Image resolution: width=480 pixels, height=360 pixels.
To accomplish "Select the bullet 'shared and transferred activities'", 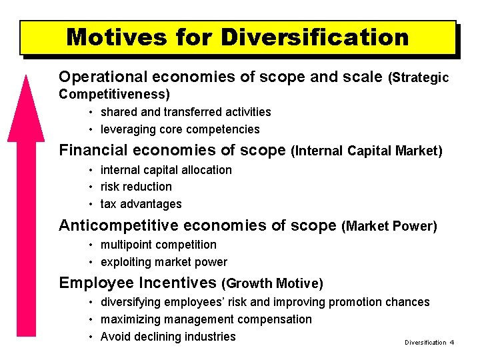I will [185, 112].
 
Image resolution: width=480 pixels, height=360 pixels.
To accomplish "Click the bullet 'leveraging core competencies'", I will [180, 129].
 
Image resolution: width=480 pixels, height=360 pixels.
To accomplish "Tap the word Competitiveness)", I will [115, 95].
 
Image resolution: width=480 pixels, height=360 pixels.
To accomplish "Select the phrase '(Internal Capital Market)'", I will [367, 151].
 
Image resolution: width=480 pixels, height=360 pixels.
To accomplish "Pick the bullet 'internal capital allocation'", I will [166, 170].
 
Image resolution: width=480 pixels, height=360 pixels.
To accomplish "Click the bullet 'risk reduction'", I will [136, 187].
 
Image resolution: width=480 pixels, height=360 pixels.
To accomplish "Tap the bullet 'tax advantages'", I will [141, 204].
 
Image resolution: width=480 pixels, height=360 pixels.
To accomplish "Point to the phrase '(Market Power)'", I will [389, 227].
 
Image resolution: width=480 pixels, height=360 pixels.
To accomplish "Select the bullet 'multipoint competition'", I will [159, 245].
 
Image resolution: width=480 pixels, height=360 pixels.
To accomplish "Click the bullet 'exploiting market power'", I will [164, 262].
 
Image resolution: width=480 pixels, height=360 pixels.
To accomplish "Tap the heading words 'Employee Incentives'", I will [138, 283].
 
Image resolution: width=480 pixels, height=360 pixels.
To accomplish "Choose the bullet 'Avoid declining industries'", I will [168, 337].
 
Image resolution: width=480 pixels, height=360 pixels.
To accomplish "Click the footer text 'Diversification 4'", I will [429, 342].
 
